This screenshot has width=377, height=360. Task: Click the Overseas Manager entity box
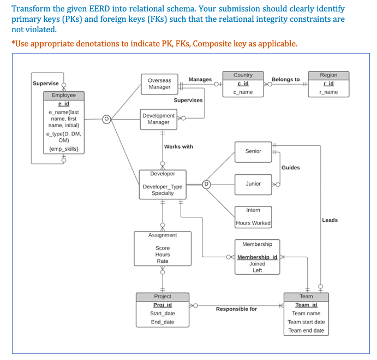pos(159,84)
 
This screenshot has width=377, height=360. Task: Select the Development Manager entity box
pos(158,119)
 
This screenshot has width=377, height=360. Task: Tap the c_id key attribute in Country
pos(243,83)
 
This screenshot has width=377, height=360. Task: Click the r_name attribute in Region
pos(328,92)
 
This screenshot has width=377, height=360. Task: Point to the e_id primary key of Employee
pos(63,103)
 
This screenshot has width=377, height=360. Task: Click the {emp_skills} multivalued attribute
pos(63,148)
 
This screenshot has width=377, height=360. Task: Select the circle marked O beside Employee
pos(107,119)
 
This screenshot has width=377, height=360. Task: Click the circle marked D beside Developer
pos(207,184)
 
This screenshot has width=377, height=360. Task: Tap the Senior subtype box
pos(253,151)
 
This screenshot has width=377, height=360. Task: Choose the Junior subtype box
pos(253,184)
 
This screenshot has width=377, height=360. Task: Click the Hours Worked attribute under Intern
pos(253,223)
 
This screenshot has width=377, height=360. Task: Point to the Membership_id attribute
pos(257,257)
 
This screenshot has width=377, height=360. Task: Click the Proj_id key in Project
pos(162,305)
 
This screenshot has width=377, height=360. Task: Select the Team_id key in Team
pos(306,305)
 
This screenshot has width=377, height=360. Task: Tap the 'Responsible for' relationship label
pos(236,309)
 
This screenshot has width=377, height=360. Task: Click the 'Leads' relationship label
pos(330,220)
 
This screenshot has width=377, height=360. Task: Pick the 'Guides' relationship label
pos(290,168)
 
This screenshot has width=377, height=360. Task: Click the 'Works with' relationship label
pos(178,146)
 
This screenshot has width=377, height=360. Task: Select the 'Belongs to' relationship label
pos(285,80)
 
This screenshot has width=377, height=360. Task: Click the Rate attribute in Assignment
pos(163,261)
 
